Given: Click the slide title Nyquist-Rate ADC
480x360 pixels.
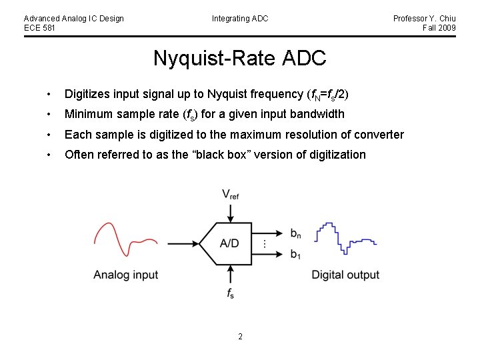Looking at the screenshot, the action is [x=239, y=58].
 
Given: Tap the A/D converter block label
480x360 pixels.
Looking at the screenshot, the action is [x=229, y=243].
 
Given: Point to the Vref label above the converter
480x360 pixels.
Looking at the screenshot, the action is [x=231, y=195].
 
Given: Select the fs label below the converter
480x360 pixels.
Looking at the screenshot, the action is [x=231, y=293].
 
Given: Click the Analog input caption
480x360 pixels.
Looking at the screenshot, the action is [x=125, y=275].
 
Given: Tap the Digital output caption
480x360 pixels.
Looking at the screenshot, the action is [x=345, y=275].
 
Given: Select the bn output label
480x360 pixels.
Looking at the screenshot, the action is [x=296, y=233].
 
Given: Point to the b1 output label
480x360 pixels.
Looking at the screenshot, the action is [x=296, y=254].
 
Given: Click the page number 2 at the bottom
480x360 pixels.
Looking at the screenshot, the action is [x=240, y=337].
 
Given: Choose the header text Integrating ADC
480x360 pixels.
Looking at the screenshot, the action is [x=240, y=19].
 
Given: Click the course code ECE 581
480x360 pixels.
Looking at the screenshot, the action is [x=40, y=28].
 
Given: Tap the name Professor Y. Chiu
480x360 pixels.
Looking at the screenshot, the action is [x=424, y=19].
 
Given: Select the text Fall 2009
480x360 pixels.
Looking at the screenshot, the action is [x=439, y=28].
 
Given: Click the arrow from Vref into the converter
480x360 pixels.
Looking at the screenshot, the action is [x=231, y=212].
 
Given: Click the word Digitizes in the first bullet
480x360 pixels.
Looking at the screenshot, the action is [x=87, y=94].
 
